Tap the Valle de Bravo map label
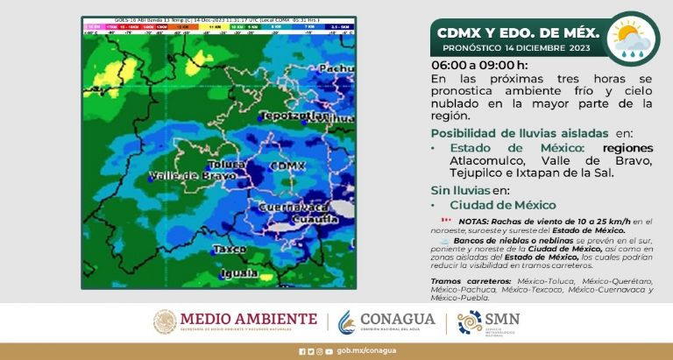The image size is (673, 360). click(x=182, y=176)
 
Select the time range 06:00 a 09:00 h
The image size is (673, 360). click(x=479, y=66)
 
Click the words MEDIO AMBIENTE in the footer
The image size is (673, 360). click(x=260, y=318)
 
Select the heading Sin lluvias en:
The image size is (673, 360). click(x=470, y=190)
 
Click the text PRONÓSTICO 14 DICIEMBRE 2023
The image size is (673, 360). click(x=517, y=47)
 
